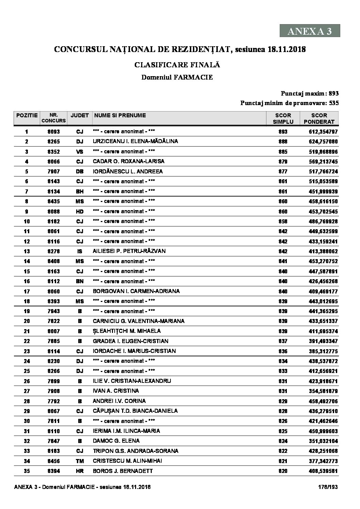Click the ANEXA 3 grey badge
[x=310, y=31]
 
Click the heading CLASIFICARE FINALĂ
[x=177, y=64]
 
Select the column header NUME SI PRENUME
[x=119, y=115]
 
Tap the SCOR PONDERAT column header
[x=319, y=118]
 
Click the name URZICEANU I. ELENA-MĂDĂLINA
[x=135, y=141]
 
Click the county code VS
[x=80, y=152]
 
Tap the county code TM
[x=80, y=461]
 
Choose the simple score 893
[x=283, y=132]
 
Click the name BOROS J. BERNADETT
[x=122, y=471]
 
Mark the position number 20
[x=27, y=321]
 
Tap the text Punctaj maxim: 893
[x=309, y=94]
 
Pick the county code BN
[x=80, y=281]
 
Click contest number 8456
[x=53, y=461]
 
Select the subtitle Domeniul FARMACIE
[x=177, y=77]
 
